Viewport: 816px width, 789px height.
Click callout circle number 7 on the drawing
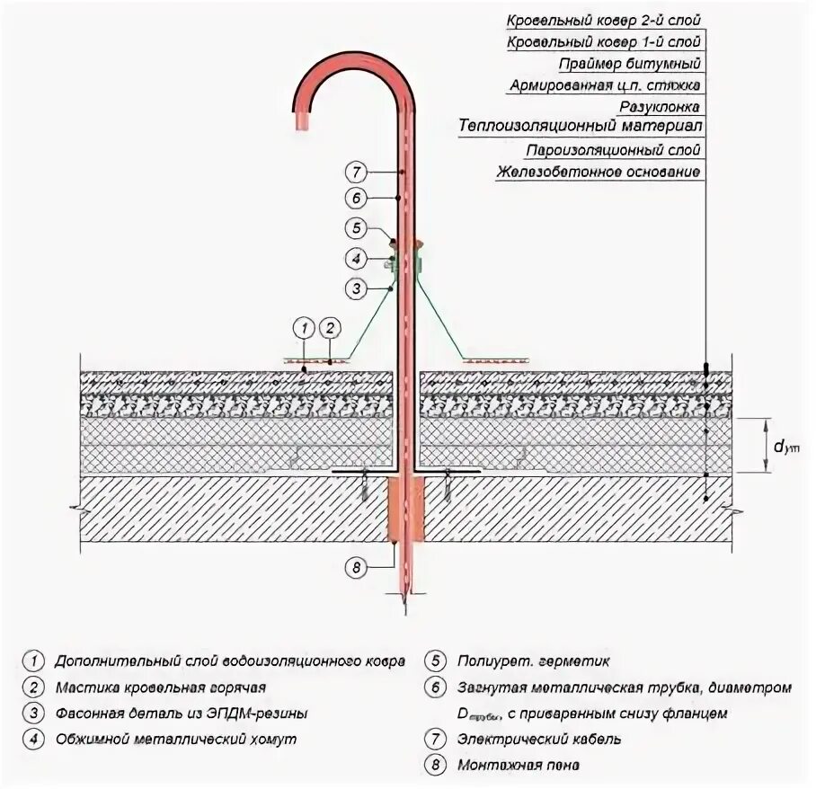356,171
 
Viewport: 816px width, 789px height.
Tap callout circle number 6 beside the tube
356,198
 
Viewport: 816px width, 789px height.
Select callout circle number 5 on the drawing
356,228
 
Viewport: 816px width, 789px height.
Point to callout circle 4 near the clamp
356,258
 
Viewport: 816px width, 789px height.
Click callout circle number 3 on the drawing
356,288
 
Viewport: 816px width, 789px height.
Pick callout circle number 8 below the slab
356,567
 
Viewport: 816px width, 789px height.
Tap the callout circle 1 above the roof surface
305,327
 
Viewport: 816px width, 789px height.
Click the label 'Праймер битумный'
630,64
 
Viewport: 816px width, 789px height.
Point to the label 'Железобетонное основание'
598,172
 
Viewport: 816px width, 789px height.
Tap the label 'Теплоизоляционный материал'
580,127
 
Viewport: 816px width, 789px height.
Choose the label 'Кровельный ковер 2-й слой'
604,19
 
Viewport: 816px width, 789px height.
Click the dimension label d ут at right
786,445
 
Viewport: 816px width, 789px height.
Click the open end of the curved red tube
310,120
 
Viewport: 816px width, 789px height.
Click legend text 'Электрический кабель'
537,740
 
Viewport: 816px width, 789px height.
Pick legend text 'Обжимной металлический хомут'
175,740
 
